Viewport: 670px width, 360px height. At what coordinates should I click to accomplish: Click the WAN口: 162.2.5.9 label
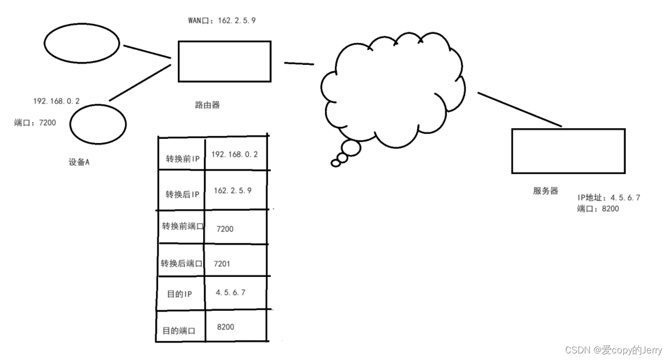(x=222, y=20)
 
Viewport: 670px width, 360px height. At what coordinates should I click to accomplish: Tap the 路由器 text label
(x=207, y=105)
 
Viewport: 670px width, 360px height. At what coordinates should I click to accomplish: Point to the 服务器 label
(x=545, y=191)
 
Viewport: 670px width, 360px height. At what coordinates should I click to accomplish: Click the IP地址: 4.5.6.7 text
(x=609, y=198)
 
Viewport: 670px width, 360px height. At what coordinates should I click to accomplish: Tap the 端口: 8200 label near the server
(x=598, y=208)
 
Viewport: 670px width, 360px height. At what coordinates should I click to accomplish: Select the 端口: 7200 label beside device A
(x=35, y=123)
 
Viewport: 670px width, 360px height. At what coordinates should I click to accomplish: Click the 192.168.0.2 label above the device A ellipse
(x=57, y=101)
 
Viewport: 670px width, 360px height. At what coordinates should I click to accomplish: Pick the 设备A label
(x=79, y=162)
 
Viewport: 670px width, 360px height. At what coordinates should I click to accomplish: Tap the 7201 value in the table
(x=222, y=264)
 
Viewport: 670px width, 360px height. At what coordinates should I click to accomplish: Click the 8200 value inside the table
(x=226, y=327)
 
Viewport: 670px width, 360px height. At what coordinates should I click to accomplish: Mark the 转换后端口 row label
(x=181, y=263)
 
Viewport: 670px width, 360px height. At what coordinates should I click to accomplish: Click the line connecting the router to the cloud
(x=299, y=63)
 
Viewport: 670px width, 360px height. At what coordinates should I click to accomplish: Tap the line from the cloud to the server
(x=519, y=110)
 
